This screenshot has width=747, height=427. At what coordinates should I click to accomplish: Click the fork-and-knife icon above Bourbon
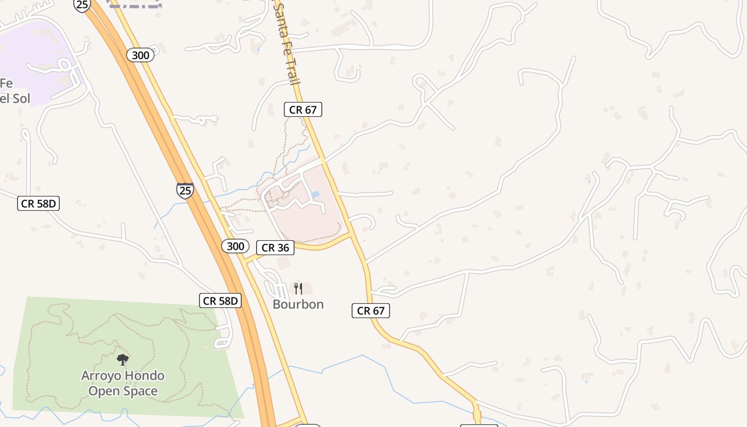[298, 289]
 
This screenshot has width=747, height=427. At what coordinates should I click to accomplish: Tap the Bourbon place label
[298, 304]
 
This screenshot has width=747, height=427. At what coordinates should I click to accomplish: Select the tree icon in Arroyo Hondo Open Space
[123, 359]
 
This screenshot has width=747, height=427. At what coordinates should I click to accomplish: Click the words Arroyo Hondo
[123, 376]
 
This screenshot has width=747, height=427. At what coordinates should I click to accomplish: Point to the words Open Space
[123, 391]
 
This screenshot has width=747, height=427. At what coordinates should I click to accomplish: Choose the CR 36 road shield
[275, 248]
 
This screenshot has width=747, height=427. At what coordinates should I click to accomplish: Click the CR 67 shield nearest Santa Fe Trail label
[303, 110]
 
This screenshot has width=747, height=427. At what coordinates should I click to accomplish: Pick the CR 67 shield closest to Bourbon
[371, 311]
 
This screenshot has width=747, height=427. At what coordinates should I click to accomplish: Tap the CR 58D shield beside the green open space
[220, 301]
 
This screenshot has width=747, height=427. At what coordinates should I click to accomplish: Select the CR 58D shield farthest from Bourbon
[38, 203]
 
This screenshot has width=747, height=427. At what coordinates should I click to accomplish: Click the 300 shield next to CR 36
[235, 246]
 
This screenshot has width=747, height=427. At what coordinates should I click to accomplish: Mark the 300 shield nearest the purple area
[141, 55]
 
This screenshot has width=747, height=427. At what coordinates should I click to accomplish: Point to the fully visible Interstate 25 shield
[185, 190]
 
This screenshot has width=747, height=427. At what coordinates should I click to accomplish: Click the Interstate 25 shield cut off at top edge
[82, 5]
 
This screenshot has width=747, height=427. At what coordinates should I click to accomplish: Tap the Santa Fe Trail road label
[286, 43]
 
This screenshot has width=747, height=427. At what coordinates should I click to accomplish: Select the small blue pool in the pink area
[315, 194]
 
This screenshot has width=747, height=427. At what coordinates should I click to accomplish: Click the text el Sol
[15, 99]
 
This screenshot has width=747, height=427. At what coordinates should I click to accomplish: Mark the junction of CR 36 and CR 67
[350, 234]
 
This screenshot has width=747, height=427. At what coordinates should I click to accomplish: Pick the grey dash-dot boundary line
[136, 4]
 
